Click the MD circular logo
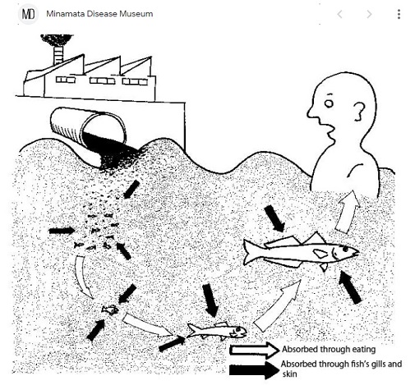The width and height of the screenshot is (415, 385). coord(29,14)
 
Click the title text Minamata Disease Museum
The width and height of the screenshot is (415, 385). coord(99,14)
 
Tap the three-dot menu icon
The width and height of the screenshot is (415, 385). coord(399,14)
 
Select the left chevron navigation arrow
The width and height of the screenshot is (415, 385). coord(339,14)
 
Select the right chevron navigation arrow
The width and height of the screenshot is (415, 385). coord(369,14)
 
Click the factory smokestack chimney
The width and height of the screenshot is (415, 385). coord(58,56)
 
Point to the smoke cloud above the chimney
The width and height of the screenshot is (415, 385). coord(57,40)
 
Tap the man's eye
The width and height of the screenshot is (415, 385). coord(329,103)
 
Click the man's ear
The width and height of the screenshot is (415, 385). coord(358,112)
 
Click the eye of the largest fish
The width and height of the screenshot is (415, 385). coord(345,250)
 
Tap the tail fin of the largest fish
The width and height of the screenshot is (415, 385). coord(250,252)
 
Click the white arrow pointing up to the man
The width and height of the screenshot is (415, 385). coord(347,212)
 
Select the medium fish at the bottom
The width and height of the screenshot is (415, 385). coord(217,331)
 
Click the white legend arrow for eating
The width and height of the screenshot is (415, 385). coord(254,350)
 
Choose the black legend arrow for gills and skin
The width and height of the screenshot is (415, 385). coord(254,370)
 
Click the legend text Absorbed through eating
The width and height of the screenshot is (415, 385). coord(329,350)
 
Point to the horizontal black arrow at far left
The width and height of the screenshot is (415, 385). coord(62,231)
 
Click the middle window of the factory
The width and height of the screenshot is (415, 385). coord(102,80)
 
